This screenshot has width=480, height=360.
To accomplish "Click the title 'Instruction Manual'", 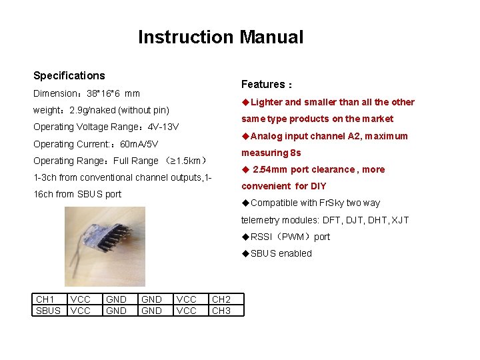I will [x=220, y=37].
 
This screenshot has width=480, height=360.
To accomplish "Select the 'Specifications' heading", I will [x=69, y=76].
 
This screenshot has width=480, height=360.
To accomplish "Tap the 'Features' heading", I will [x=263, y=84].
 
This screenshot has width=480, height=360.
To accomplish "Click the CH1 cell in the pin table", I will [x=45, y=300].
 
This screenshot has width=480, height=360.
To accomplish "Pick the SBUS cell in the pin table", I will [x=47, y=311].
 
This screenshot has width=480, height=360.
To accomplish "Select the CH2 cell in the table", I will [x=221, y=300].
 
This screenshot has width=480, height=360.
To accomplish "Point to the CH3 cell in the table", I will [x=221, y=311].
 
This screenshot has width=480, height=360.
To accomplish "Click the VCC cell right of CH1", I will [x=81, y=300].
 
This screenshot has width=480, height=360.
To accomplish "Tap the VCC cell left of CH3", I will [x=186, y=311].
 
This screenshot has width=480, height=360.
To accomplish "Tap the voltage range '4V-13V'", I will [x=163, y=127].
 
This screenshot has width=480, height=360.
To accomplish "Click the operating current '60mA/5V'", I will [x=138, y=144].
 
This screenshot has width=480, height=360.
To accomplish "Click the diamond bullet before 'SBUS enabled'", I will [x=245, y=253].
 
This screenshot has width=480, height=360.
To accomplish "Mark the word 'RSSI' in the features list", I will [x=262, y=237].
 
